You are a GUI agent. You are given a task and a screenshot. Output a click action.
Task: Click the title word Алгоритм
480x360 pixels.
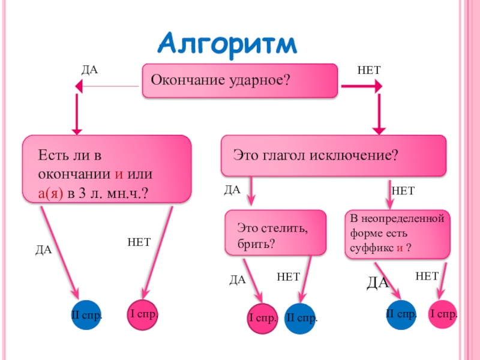pyautogui.click(x=228, y=44)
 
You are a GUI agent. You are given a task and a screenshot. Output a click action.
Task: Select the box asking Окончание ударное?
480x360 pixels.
pyautogui.click(x=240, y=80)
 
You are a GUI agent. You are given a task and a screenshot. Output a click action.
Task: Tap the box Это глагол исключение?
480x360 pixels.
pyautogui.click(x=334, y=155)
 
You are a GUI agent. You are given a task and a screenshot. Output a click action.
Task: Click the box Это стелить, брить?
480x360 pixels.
pyautogui.click(x=276, y=233)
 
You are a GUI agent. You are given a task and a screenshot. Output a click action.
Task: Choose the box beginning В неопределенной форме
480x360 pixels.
pyautogui.click(x=398, y=233)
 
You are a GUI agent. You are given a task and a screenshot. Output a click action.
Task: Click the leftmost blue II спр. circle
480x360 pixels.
pyautogui.click(x=87, y=314)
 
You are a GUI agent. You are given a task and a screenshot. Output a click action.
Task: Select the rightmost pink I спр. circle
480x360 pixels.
pyautogui.click(x=444, y=314)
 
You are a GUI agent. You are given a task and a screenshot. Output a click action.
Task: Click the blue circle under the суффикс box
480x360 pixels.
pyautogui.click(x=401, y=314)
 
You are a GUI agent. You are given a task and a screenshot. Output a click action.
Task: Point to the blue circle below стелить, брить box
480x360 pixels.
pyautogui.click(x=301, y=317)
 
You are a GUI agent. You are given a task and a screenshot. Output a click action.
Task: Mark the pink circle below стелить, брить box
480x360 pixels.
pyautogui.click(x=263, y=317)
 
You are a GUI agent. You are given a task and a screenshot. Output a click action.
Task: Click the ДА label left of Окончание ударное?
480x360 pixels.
pyautogui.click(x=89, y=70)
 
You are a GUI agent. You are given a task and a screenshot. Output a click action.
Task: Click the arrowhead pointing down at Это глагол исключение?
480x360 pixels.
pyautogui.click(x=379, y=128)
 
